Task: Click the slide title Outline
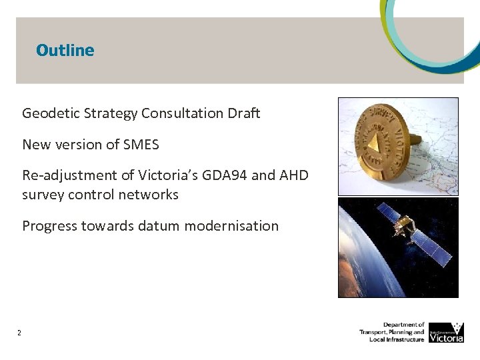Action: point(65,50)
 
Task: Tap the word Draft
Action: point(244,113)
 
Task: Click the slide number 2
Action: point(20,333)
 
